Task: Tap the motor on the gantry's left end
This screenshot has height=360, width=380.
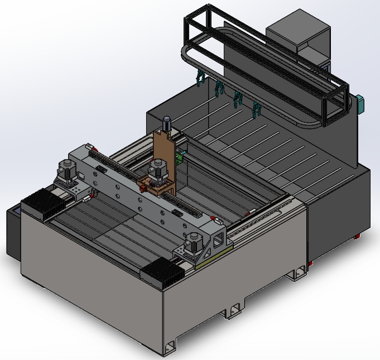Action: [x=67, y=170]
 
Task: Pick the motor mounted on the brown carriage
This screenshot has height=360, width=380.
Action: [x=158, y=169]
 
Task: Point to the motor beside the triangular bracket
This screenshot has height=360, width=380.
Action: [x=194, y=242]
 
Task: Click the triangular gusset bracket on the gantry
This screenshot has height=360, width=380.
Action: [x=217, y=240]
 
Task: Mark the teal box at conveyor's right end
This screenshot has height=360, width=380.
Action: [x=360, y=104]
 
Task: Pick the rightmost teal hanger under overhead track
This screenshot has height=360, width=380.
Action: [x=256, y=109]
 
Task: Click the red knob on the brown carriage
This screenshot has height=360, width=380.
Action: [x=142, y=188]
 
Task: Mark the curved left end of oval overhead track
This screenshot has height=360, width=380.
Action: [x=186, y=56]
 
